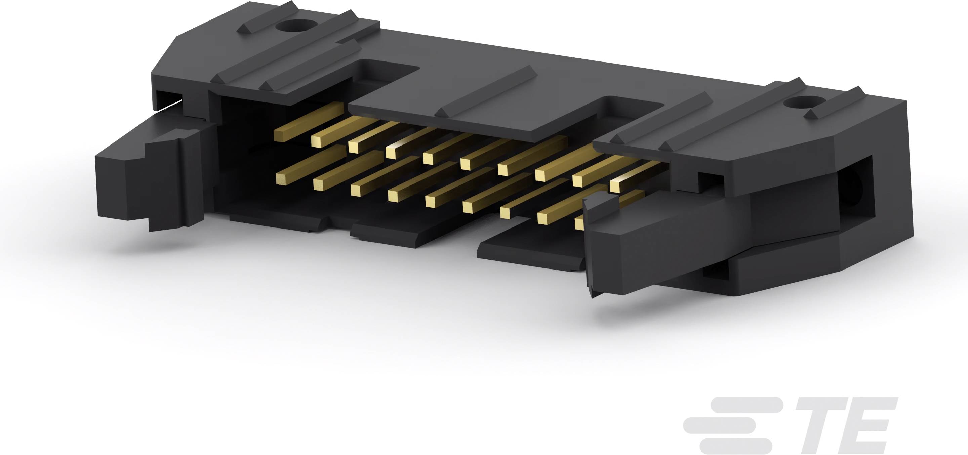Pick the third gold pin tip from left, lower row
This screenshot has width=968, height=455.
click(356, 191)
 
